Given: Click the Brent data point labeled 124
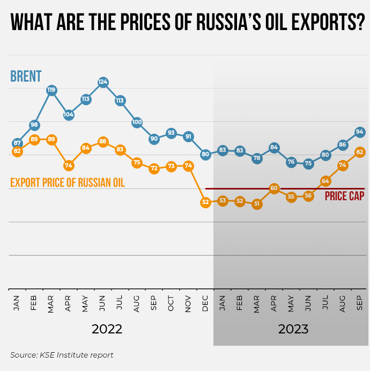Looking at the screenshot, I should point(103,82).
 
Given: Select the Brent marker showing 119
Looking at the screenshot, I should point(51,90).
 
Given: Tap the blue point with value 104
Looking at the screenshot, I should point(69,114).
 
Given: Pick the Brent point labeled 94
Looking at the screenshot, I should point(360,132).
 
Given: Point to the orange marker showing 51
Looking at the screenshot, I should point(257,204).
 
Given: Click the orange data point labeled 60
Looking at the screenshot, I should point(274,188).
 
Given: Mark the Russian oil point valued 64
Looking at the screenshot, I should point(325,181).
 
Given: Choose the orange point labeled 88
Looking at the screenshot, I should point(103,142).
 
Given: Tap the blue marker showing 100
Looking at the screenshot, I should point(137,122).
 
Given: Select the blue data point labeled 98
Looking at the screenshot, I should point(34,125).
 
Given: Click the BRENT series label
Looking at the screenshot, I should point(26,76).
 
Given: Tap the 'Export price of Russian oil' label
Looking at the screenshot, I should point(68,183).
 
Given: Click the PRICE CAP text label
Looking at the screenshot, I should point(344,197).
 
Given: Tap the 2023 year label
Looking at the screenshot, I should point(293,329).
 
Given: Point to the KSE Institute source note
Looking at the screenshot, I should point(62,355).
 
